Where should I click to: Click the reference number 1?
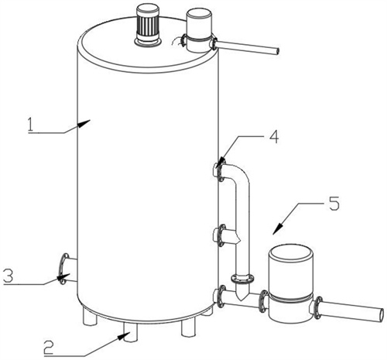tap(31, 125)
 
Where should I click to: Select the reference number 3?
tap(8, 276)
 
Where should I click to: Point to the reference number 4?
tap(273, 137)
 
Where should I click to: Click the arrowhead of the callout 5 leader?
tap(277, 229)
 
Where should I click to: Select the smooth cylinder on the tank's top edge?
tap(200, 30)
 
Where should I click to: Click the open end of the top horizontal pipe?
tap(276, 51)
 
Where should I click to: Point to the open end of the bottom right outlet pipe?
tap(381, 314)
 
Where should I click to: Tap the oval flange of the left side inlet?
tap(63, 269)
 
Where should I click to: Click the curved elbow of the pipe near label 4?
tap(238, 174)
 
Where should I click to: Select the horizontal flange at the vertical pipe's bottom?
tap(242, 279)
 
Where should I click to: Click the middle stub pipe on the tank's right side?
tap(227, 235)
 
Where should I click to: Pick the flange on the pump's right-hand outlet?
tap(318, 307)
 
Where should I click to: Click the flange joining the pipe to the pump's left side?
tap(263, 301)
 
